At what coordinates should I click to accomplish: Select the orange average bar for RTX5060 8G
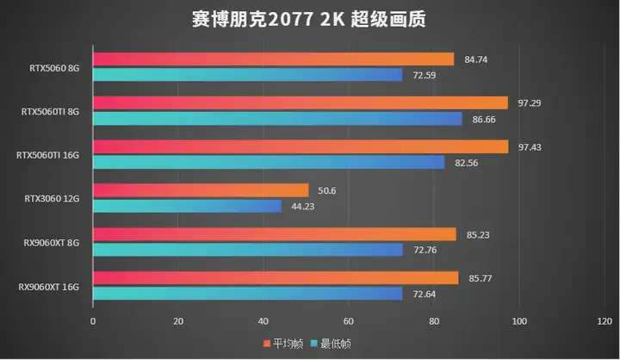(273, 59)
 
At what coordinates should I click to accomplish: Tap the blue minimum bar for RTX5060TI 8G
(277, 118)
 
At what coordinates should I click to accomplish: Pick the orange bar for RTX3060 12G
(200, 190)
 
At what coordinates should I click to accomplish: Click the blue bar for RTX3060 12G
(187, 206)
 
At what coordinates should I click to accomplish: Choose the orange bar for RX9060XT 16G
(276, 277)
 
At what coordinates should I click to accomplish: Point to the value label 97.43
(528, 146)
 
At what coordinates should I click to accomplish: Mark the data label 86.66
(484, 118)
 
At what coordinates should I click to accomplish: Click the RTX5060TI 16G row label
(48, 155)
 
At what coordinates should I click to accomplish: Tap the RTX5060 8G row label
(54, 66)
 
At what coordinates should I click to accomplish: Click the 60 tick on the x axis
(349, 321)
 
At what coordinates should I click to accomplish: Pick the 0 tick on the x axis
(93, 321)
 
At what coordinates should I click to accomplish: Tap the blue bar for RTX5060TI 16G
(269, 162)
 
